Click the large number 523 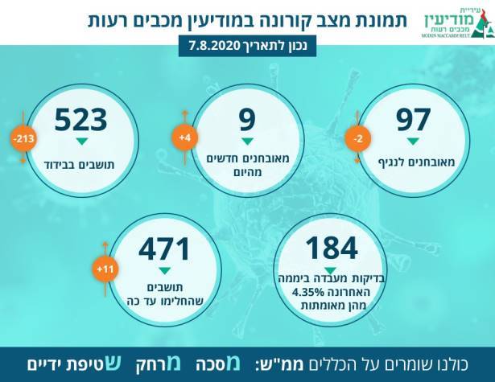[80, 121]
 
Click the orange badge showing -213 [22, 139]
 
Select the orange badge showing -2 [359, 139]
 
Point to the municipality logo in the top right [454, 23]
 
